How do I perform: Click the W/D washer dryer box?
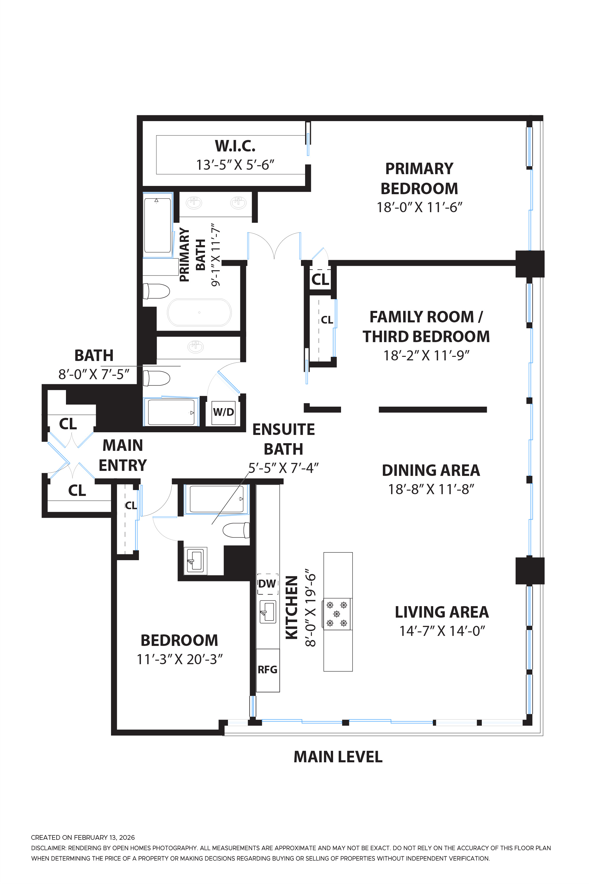223,412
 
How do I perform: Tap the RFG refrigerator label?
267,669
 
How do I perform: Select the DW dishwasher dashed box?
267,584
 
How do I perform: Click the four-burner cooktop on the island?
337,614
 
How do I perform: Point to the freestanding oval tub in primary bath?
199,312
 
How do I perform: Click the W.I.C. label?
235,146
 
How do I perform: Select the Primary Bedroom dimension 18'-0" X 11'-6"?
419,207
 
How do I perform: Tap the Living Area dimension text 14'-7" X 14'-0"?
442,631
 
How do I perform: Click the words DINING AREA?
431,471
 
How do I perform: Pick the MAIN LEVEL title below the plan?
338,757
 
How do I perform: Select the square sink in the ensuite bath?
195,560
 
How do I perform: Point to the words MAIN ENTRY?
123,455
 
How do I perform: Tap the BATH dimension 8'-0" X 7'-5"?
94,374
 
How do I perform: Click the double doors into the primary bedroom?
274,246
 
